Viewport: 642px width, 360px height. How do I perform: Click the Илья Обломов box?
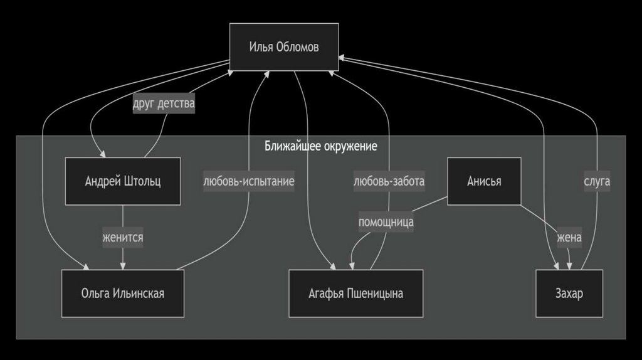tap(283, 47)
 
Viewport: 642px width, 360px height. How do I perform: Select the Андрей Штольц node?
tap(123, 181)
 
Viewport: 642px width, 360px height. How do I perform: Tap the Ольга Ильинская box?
tap(123, 293)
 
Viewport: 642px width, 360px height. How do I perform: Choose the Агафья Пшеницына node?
tap(355, 293)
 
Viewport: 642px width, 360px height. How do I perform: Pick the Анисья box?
tap(484, 181)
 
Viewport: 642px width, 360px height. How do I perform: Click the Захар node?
tap(569, 293)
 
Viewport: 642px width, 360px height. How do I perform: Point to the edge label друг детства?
tap(164, 103)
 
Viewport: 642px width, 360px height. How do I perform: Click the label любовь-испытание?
tap(249, 181)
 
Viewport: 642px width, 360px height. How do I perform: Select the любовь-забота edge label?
tap(389, 181)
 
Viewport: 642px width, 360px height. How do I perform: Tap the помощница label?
tap(386, 221)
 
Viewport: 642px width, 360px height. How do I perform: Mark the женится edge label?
tap(123, 238)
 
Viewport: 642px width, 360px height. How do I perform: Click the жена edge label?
tap(569, 238)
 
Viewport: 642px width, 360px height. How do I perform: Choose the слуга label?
tap(597, 181)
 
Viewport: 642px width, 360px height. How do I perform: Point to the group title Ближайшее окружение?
tap(321, 146)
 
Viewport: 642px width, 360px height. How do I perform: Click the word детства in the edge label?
tap(176, 103)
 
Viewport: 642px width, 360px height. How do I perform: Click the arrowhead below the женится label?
tap(123, 265)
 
